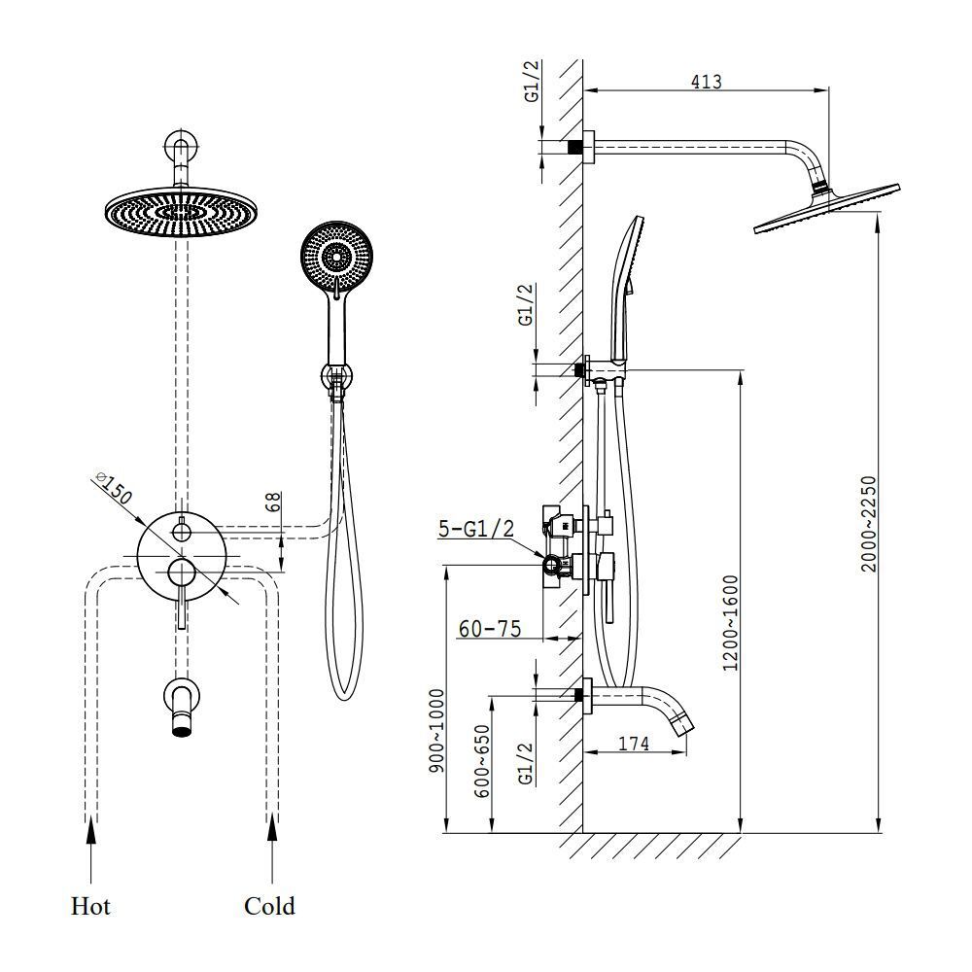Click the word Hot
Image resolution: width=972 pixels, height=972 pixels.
[90, 906]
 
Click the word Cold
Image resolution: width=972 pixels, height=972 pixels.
[269, 906]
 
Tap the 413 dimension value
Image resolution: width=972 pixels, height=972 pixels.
[706, 82]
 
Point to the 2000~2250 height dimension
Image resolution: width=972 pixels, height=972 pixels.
[870, 523]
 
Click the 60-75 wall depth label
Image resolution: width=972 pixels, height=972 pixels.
[489, 629]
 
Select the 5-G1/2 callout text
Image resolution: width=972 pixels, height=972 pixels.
[475, 528]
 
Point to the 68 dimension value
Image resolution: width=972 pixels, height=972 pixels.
[274, 503]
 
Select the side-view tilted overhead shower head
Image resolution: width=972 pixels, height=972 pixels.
[827, 209]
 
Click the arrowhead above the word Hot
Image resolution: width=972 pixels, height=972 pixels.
[91, 828]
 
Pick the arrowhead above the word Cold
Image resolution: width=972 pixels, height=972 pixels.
[271, 828]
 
